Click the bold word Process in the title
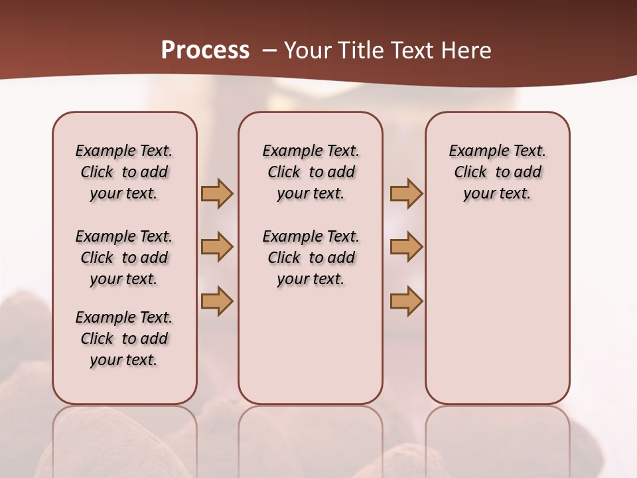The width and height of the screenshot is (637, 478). coord(205,50)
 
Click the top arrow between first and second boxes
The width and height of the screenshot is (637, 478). coord(217,193)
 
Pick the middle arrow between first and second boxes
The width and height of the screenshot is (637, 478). coord(217,247)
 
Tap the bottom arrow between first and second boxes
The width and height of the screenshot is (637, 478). coord(217,301)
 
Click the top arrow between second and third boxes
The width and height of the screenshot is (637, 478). coord(406,193)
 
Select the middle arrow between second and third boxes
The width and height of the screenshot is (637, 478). coord(406,247)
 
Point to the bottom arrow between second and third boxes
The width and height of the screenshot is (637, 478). coord(406,301)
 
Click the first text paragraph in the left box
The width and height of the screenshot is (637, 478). coord(124,172)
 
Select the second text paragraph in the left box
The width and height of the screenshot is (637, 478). coord(124,258)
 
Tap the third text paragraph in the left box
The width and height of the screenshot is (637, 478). coord(124,339)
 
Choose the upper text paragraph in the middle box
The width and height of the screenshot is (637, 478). coord(311,172)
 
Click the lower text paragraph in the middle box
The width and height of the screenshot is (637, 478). coord(311,258)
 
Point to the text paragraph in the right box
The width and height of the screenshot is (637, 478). coord(497,172)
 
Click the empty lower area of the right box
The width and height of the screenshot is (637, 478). coord(497,312)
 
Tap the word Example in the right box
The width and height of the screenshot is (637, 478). coord(473,151)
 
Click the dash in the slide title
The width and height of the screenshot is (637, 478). coord(270,50)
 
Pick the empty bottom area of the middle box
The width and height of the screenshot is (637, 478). coord(311,352)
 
